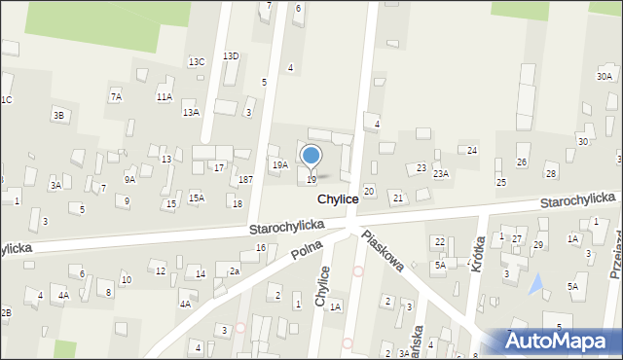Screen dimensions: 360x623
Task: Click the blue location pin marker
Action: [x=311, y=156]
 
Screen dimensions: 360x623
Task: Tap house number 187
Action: [x=246, y=180]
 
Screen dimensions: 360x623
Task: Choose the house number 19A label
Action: [x=279, y=165]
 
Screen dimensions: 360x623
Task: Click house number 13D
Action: [x=231, y=56]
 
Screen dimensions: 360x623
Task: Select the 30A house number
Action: [x=605, y=76]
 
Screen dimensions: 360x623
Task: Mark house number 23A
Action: [x=441, y=173]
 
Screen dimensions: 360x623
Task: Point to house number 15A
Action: [x=197, y=198]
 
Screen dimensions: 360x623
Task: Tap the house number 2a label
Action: [x=234, y=270]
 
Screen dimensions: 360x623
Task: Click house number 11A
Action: [x=165, y=96]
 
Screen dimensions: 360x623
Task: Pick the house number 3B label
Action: [x=58, y=116]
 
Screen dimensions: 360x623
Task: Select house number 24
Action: [x=472, y=151]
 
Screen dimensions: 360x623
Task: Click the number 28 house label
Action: [x=551, y=173]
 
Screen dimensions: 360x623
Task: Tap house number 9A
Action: [x=129, y=179]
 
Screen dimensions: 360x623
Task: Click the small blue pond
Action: [x=534, y=284]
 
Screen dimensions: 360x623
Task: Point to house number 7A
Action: [x=116, y=96]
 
